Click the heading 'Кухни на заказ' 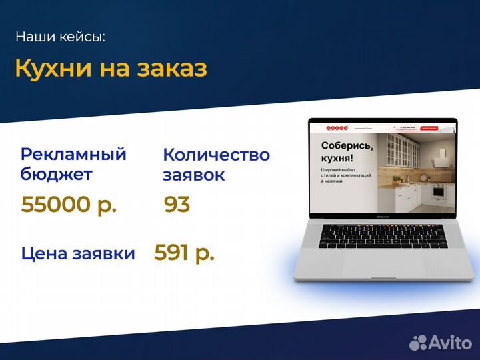(x=111, y=69)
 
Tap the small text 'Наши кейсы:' (x=60, y=37)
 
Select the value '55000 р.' (x=69, y=205)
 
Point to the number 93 (x=177, y=205)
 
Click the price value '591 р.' (x=184, y=253)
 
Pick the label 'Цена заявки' (x=78, y=253)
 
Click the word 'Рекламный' (x=73, y=155)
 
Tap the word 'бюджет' (x=57, y=175)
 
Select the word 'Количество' (x=216, y=155)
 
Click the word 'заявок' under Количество (x=194, y=175)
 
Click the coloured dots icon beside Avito (x=418, y=343)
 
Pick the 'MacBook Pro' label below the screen (x=383, y=217)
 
